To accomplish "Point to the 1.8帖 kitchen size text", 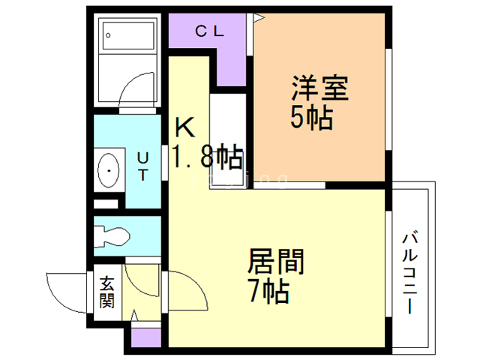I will tap(208, 157).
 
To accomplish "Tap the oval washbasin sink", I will tap(111, 171).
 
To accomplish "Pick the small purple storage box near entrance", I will tap(145, 337).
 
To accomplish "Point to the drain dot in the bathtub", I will tap(108, 34).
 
